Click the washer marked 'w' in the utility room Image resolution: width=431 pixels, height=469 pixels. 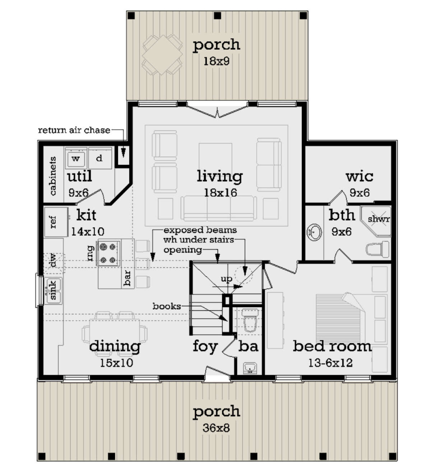click(76, 159)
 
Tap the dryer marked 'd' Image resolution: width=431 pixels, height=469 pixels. click(99, 158)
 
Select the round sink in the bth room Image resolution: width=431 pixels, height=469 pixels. click(314, 232)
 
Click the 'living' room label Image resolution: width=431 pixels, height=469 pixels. click(219, 176)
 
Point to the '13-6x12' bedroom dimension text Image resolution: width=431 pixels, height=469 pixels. click(330, 363)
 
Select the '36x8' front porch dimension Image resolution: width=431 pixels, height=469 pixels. click(216, 428)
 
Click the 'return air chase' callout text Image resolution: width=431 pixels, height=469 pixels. click(74, 130)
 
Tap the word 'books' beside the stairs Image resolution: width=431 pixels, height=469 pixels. click(167, 306)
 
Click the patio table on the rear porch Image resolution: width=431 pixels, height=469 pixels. click(162, 55)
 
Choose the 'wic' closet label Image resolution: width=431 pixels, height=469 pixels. click(359, 177)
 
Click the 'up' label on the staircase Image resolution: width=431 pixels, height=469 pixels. click(226, 279)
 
